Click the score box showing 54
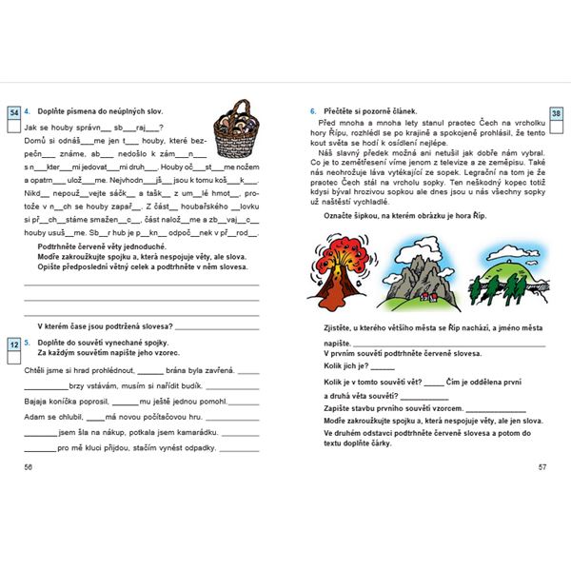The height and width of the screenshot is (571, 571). tap(13, 113)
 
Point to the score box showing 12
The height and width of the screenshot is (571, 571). tap(13, 343)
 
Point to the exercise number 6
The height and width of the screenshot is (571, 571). tap(313, 110)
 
